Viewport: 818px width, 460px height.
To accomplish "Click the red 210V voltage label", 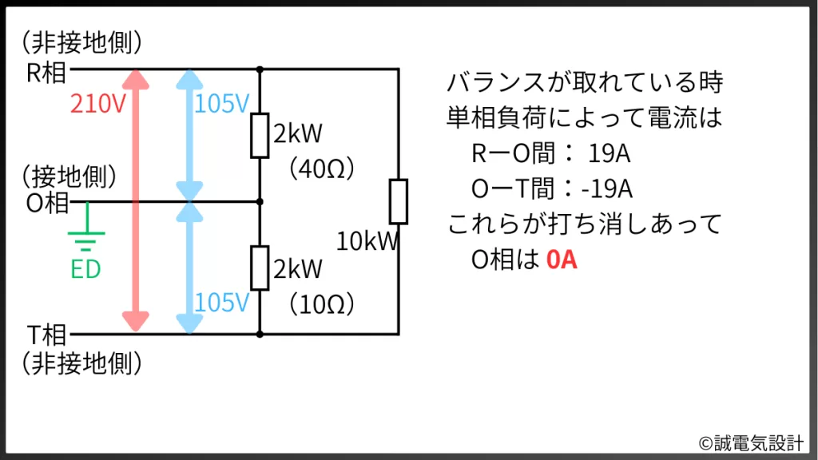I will [x=98, y=105].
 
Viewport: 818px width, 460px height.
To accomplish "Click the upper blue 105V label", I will [x=223, y=105].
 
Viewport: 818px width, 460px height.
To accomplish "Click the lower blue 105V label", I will [x=223, y=303].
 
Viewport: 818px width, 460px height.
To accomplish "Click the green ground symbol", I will [x=86, y=234].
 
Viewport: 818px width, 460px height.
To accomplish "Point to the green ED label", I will [x=86, y=270].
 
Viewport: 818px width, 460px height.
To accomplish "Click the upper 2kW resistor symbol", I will [x=260, y=135].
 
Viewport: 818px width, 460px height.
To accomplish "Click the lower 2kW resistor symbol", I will [x=260, y=268].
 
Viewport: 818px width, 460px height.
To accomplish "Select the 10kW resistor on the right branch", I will [x=399, y=201].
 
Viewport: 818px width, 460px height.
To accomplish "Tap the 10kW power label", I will [x=366, y=242].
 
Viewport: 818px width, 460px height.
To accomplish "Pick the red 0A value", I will [x=562, y=261].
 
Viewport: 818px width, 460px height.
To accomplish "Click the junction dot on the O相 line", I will [x=260, y=201].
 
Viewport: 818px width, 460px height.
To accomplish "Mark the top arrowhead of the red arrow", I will [x=136, y=78].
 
